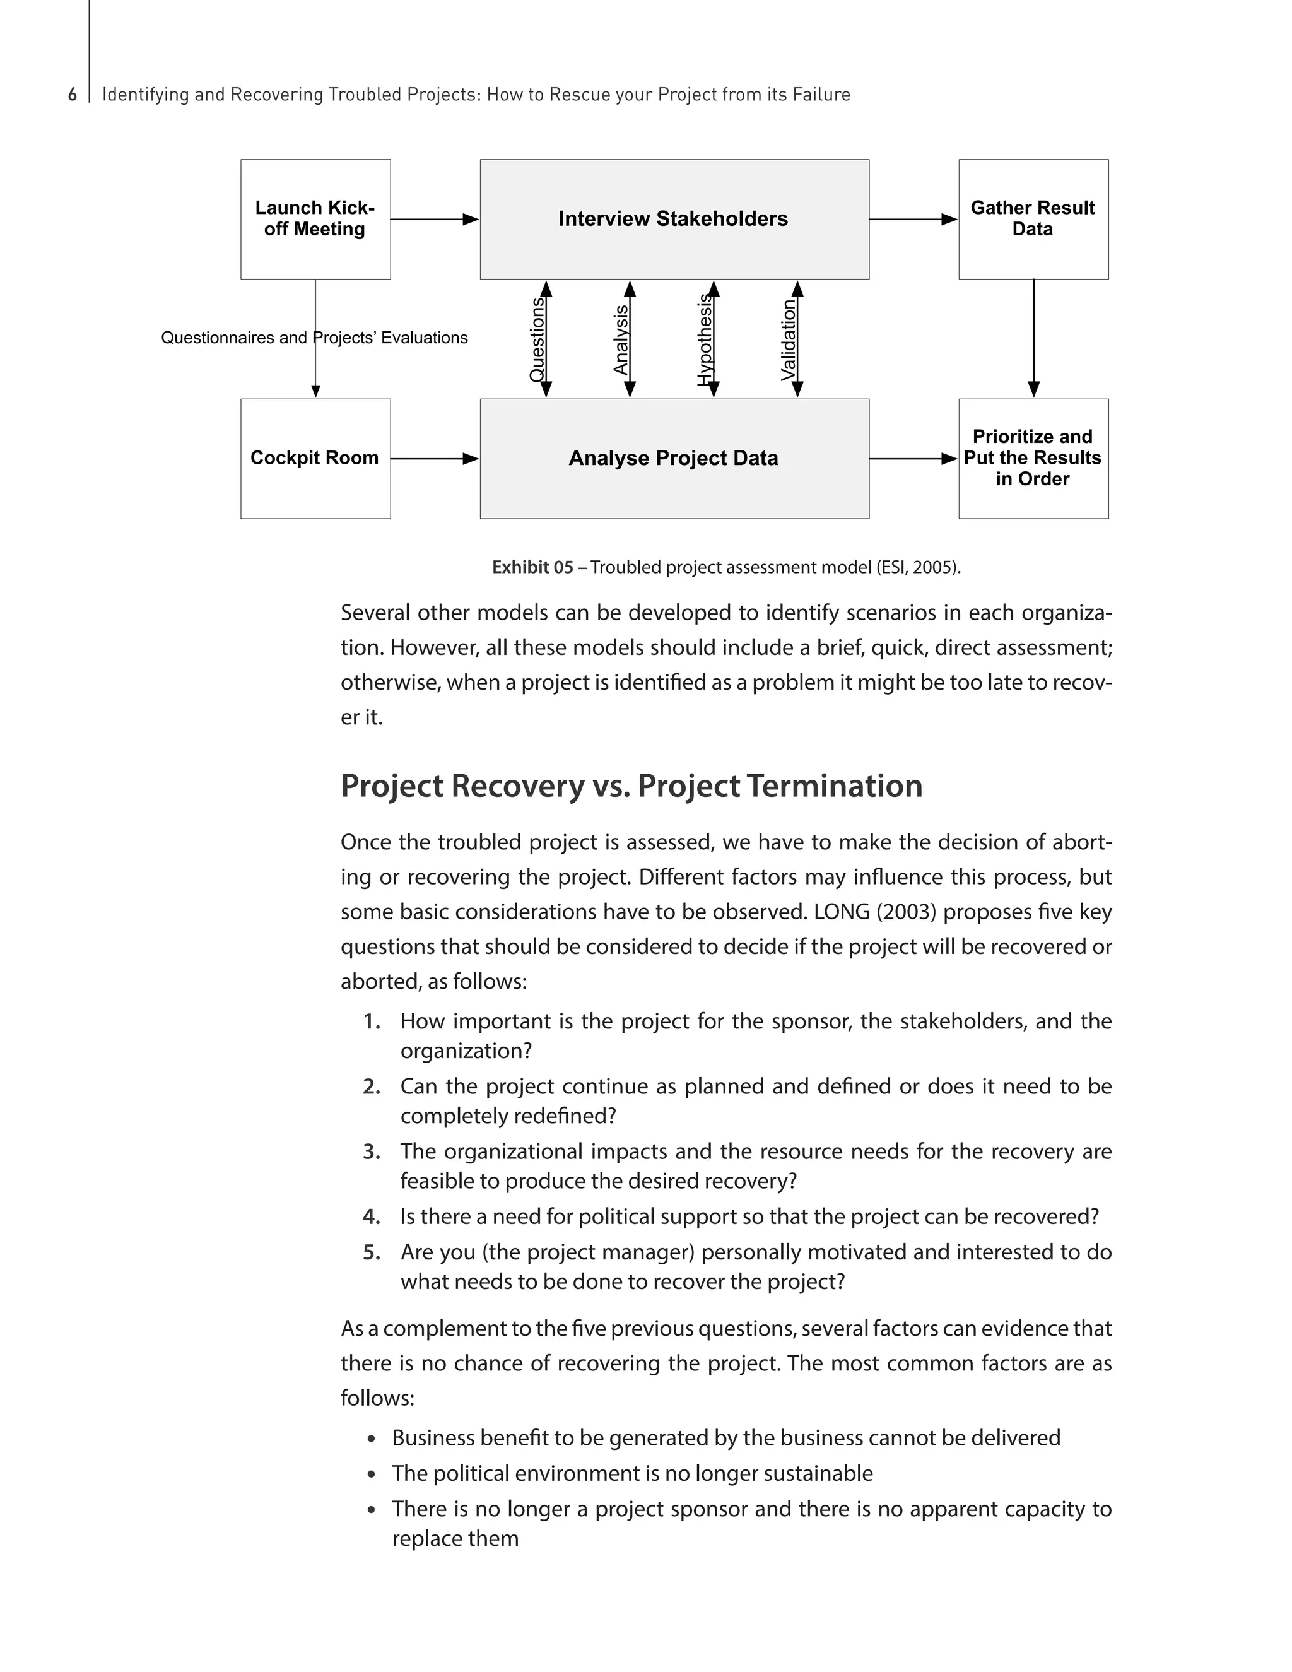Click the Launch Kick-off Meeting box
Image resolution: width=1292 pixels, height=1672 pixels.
[x=315, y=219]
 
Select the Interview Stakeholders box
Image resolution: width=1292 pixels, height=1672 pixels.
[x=674, y=219]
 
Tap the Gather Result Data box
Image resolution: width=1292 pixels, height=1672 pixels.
[x=1033, y=219]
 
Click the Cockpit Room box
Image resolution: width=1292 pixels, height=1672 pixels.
[x=315, y=458]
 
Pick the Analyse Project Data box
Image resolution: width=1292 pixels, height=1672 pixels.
[x=674, y=458]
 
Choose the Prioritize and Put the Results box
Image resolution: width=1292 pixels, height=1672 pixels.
[x=1033, y=458]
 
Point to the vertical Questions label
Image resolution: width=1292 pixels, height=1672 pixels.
[x=537, y=339]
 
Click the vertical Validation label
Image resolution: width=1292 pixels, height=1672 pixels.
[x=789, y=339]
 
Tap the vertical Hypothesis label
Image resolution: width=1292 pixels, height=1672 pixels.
[x=704, y=339]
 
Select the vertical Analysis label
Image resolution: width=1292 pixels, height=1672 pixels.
[x=621, y=339]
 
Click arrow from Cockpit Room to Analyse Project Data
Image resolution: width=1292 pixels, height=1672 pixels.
[x=434, y=459]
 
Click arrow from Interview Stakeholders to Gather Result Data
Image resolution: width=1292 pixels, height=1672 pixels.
[x=912, y=219]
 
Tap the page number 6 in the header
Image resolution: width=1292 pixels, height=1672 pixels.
[x=73, y=95]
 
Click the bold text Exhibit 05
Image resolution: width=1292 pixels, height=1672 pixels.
[x=532, y=567]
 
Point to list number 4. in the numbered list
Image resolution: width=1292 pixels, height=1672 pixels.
[x=371, y=1216]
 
